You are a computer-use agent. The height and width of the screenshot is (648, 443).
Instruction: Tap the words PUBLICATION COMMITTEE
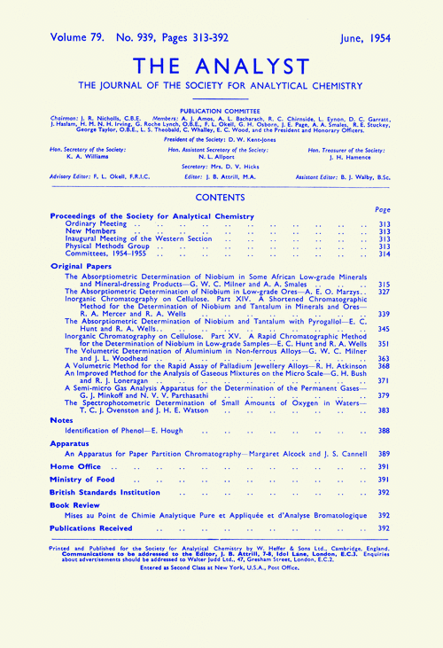(221, 113)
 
